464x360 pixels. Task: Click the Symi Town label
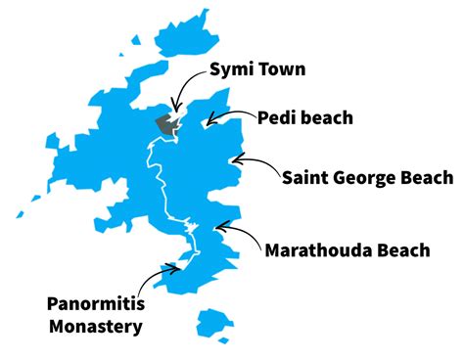pos(257,68)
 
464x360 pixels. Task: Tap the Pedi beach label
pos(304,117)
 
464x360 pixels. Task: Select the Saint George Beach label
pos(367,177)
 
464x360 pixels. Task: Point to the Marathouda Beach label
pos(347,250)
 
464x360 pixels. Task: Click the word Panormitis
pos(94,304)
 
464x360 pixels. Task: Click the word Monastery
pos(94,327)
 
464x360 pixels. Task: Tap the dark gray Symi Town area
pos(166,124)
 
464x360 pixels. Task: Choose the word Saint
pos(305,177)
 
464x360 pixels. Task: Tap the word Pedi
pos(277,117)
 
